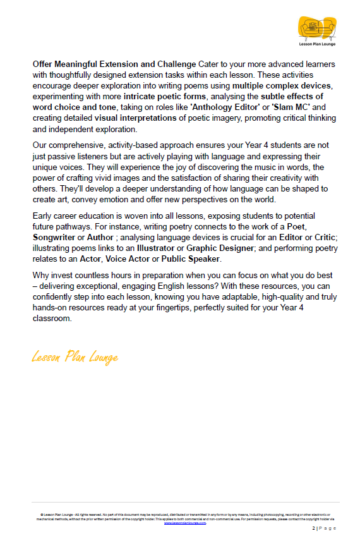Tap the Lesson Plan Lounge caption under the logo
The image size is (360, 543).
pyautogui.click(x=316, y=44)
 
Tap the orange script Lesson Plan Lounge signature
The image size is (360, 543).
pyautogui.click(x=75, y=357)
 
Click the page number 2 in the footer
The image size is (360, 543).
pyautogui.click(x=313, y=528)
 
